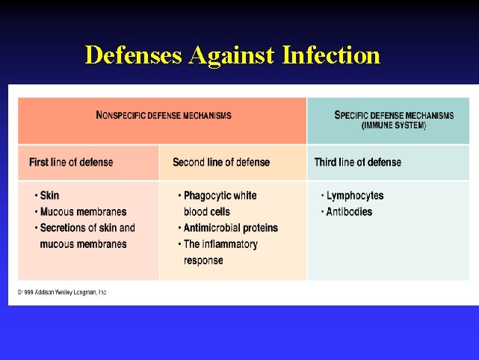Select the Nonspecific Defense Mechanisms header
(164, 116)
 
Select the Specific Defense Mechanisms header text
(394, 115)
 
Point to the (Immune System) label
(394, 125)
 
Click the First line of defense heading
(71, 162)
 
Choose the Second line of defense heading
(221, 162)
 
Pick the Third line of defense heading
(358, 162)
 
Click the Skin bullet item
(49, 196)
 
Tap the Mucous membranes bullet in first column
(83, 212)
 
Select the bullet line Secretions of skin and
(87, 228)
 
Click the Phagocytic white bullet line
(220, 196)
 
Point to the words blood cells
(207, 212)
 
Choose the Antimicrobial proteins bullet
(230, 228)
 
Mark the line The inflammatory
(220, 244)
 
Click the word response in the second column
(203, 261)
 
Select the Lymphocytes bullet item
(355, 196)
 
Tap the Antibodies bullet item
(349, 212)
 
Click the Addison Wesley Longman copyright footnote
(63, 292)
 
